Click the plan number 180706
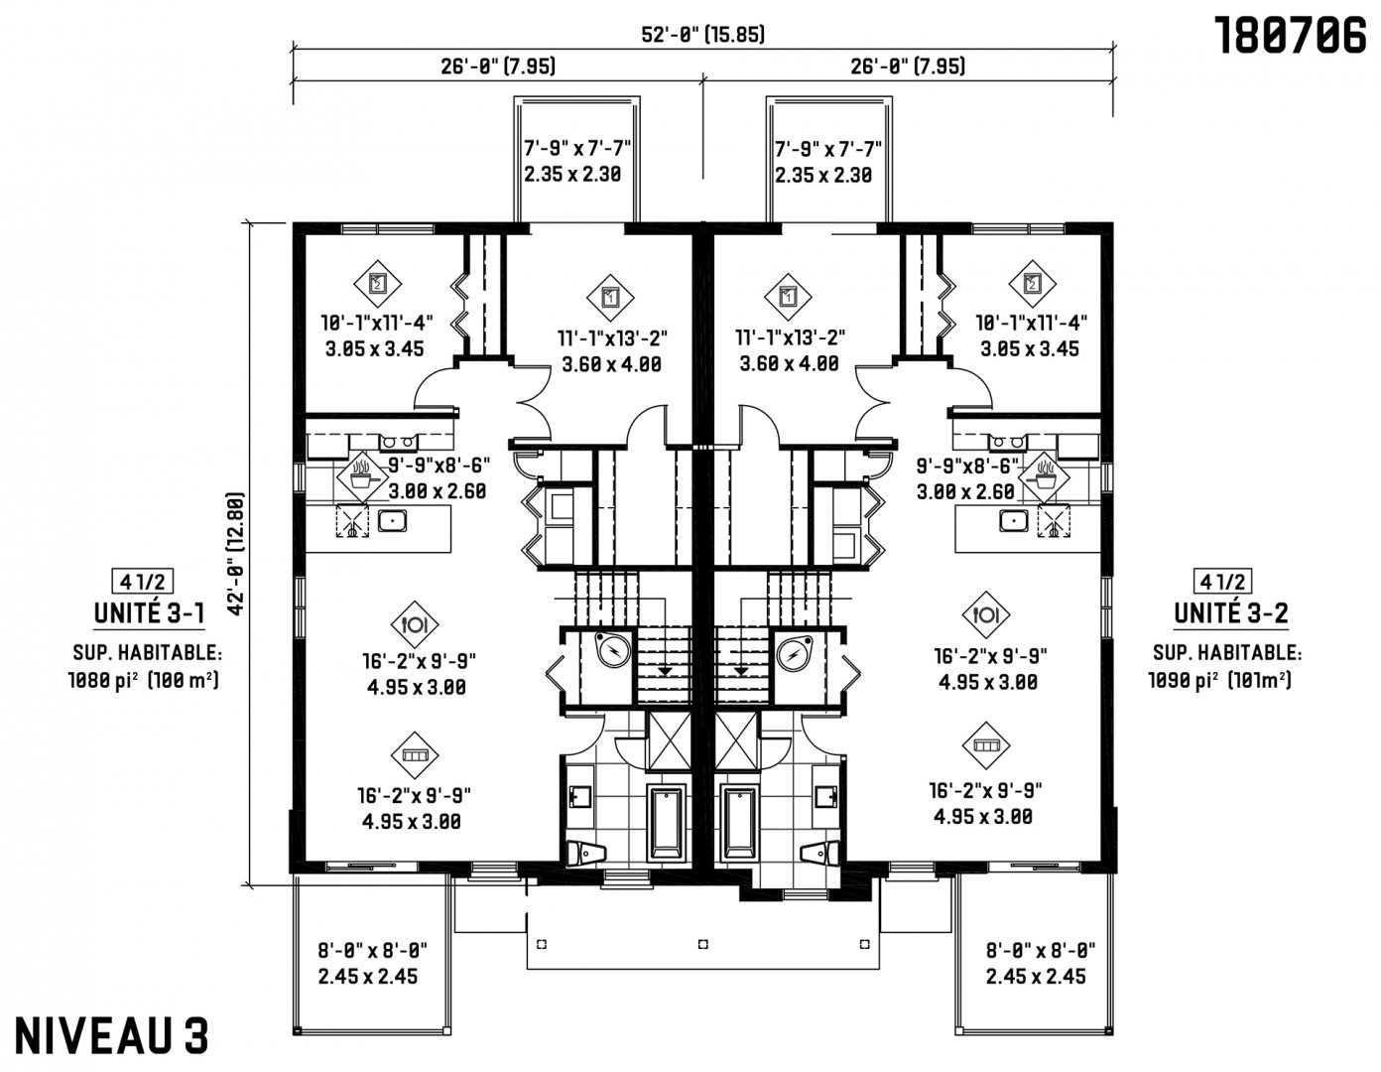[1291, 36]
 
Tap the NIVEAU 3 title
[111, 1036]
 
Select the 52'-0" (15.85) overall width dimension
[702, 35]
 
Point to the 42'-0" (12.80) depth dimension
[235, 553]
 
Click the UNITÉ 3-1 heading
[150, 613]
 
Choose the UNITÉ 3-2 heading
[1231, 613]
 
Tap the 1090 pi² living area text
[1219, 681]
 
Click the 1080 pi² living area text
[144, 682]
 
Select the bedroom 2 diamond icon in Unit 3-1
[378, 284]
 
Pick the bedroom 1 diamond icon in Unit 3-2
[788, 297]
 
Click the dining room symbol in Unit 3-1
[415, 624]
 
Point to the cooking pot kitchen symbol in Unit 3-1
[361, 475]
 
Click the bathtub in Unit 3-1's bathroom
[666, 823]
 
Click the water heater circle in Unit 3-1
[613, 651]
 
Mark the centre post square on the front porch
[702, 944]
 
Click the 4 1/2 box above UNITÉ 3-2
[1223, 581]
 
